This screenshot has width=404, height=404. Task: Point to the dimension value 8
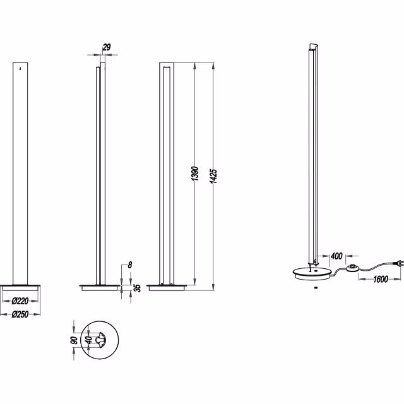pos(129,265)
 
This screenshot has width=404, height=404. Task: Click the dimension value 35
pos(136,288)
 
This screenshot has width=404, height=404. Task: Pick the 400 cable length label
pos(336,256)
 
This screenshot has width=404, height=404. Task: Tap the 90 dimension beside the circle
pos(74,340)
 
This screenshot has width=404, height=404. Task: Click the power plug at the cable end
pos(397,264)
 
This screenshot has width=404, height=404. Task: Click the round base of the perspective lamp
pos(312,273)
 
